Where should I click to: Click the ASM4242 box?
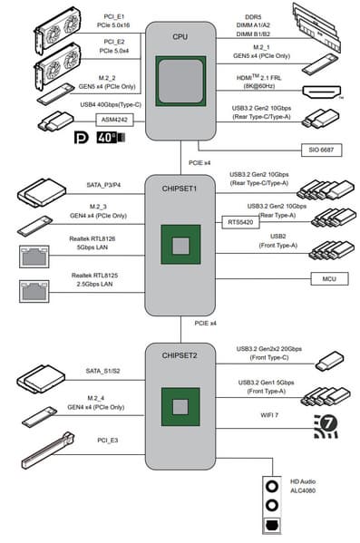click(x=114, y=120)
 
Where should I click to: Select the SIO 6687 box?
click(x=321, y=150)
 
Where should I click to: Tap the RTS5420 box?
click(x=240, y=222)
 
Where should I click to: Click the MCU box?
click(x=329, y=279)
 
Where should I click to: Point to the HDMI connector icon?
click(x=322, y=92)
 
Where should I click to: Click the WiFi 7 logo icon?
click(x=326, y=426)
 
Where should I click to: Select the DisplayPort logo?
click(x=82, y=138)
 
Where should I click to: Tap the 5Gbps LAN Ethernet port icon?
click(x=34, y=257)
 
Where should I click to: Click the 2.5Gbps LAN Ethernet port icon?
click(x=34, y=291)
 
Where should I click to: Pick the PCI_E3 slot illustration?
click(x=48, y=451)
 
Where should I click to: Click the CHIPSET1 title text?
click(x=180, y=189)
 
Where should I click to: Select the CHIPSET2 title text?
click(x=180, y=355)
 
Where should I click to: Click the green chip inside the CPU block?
click(x=180, y=81)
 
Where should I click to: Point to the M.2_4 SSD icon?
click(x=40, y=416)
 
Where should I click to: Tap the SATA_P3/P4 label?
click(x=103, y=185)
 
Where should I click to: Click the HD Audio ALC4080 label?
click(x=303, y=486)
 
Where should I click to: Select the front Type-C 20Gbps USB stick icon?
click(x=329, y=361)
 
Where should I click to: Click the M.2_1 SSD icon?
click(x=320, y=63)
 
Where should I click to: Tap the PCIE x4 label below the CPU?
click(x=199, y=163)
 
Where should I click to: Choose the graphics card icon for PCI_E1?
click(x=57, y=31)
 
